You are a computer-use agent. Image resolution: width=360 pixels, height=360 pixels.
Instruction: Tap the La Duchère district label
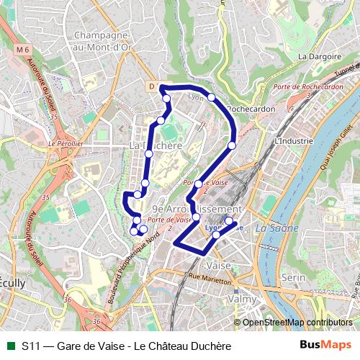click(x=154, y=145)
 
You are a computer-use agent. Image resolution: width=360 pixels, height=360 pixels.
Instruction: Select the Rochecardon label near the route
click(x=248, y=109)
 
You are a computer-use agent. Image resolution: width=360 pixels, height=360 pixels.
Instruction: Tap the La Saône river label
click(x=272, y=228)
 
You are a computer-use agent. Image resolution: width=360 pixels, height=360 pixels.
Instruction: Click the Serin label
click(x=294, y=277)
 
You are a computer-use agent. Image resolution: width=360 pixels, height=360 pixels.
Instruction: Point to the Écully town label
click(x=14, y=284)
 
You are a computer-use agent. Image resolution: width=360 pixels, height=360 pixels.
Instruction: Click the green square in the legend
click(x=10, y=346)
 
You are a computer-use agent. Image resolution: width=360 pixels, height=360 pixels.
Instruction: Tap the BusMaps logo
click(x=325, y=346)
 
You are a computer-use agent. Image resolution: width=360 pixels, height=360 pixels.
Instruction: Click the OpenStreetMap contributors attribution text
click(x=297, y=323)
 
